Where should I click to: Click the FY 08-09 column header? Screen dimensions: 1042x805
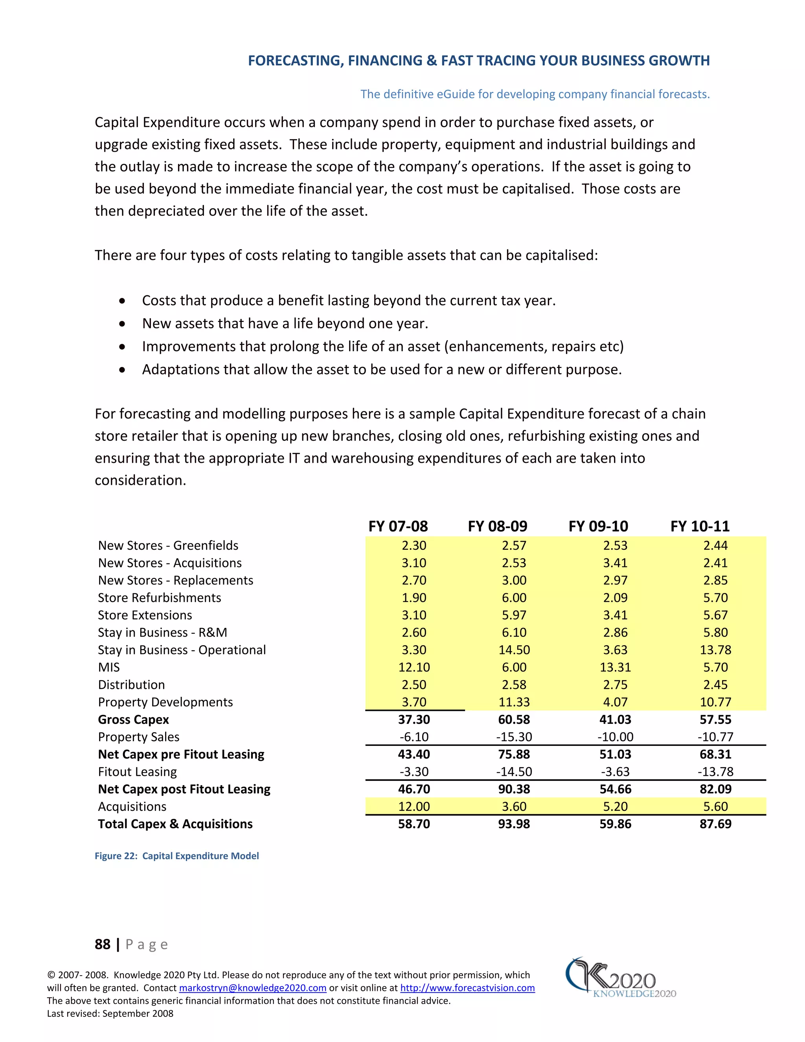click(497, 526)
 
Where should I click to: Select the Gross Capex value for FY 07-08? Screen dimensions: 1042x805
click(414, 720)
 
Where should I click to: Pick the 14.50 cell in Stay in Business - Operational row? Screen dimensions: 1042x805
click(514, 650)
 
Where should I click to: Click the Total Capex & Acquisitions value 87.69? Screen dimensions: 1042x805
click(715, 824)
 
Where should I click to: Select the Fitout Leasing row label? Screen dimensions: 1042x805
click(137, 772)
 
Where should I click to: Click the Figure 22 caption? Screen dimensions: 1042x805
click(176, 856)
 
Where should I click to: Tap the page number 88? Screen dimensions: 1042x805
click(103, 944)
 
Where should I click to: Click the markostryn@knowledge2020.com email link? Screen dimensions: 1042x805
click(252, 988)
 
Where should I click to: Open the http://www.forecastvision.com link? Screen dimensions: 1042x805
click(467, 988)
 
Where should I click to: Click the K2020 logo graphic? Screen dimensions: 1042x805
click(620, 978)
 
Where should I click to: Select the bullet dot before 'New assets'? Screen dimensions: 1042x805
click(123, 324)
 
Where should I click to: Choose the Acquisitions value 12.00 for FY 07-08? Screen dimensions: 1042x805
click(414, 807)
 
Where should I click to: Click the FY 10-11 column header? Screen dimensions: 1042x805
click(700, 526)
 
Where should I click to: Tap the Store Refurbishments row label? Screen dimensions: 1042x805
click(159, 598)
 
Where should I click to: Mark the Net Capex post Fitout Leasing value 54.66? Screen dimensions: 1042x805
click(615, 789)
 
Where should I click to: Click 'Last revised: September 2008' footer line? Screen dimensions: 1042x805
click(110, 1013)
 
